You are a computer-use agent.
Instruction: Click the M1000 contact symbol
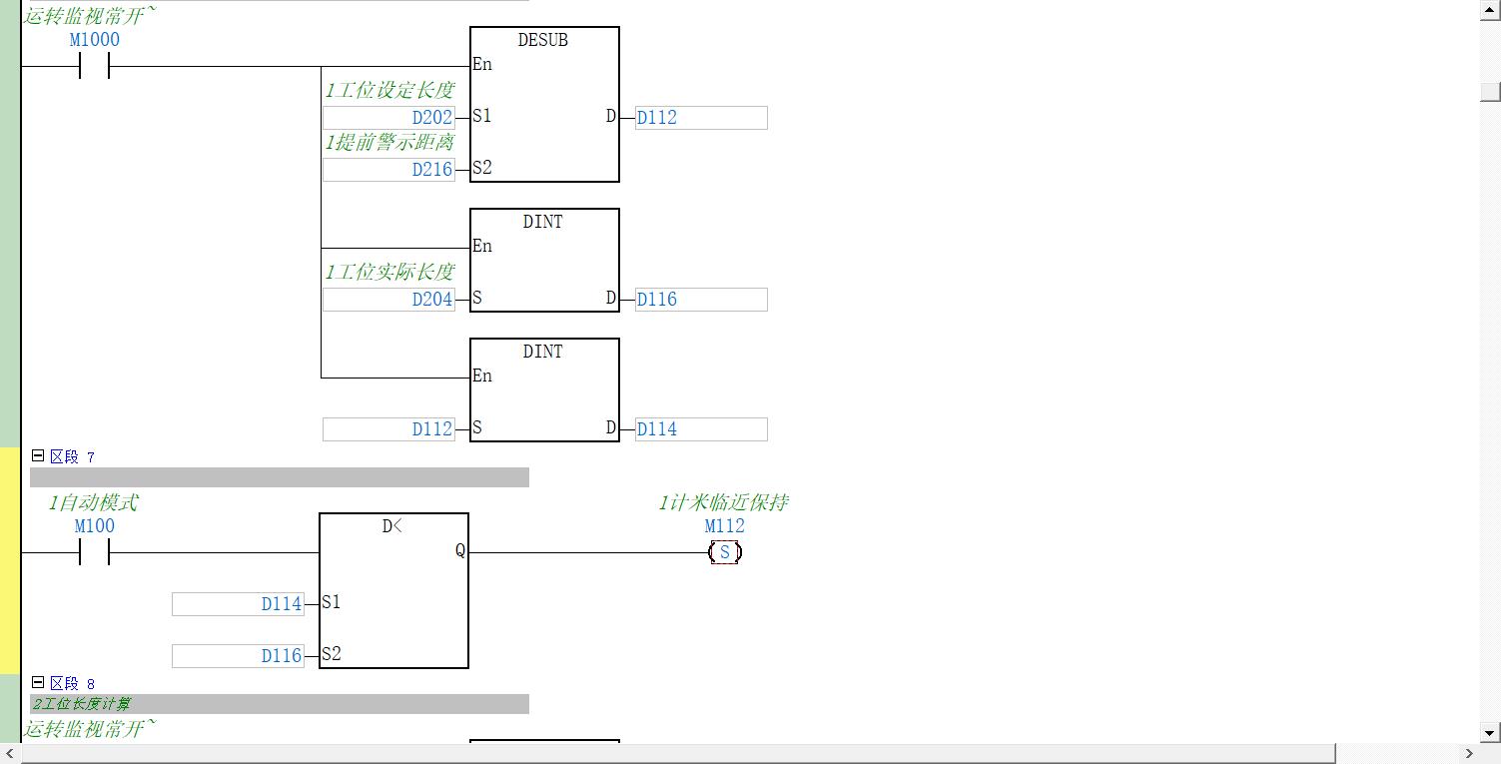click(94, 67)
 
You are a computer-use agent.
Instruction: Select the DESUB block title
click(542, 40)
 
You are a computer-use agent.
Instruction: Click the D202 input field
click(388, 117)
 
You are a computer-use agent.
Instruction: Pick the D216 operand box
click(388, 169)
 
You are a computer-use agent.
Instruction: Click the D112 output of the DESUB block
click(700, 117)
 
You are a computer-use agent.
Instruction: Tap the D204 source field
click(388, 299)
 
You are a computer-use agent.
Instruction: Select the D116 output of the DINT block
click(700, 299)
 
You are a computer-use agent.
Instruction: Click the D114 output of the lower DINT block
click(700, 428)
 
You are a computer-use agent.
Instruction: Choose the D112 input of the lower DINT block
click(388, 428)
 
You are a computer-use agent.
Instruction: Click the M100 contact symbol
click(94, 552)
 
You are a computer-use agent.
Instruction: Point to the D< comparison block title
click(392, 526)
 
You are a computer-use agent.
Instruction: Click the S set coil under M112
click(725, 552)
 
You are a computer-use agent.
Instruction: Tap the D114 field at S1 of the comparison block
click(238, 603)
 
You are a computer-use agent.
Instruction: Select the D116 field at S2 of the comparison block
click(238, 655)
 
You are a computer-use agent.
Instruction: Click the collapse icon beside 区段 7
click(38, 455)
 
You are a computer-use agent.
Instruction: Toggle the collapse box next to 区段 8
click(38, 683)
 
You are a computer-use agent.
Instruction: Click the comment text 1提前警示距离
click(388, 143)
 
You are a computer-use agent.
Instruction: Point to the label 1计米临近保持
click(723, 502)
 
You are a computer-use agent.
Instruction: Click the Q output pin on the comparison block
click(459, 551)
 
